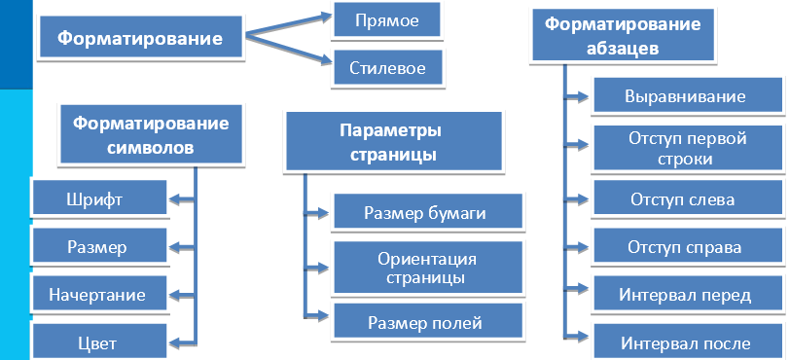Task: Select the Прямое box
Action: [x=386, y=19]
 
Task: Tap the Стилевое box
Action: [x=386, y=69]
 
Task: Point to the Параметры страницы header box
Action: [x=393, y=142]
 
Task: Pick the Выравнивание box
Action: [x=685, y=96]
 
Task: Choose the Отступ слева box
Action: [x=685, y=199]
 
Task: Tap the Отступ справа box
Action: [x=685, y=247]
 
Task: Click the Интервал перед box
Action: [x=685, y=295]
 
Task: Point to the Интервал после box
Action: [x=685, y=343]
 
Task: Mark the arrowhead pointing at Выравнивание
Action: [x=582, y=96]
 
